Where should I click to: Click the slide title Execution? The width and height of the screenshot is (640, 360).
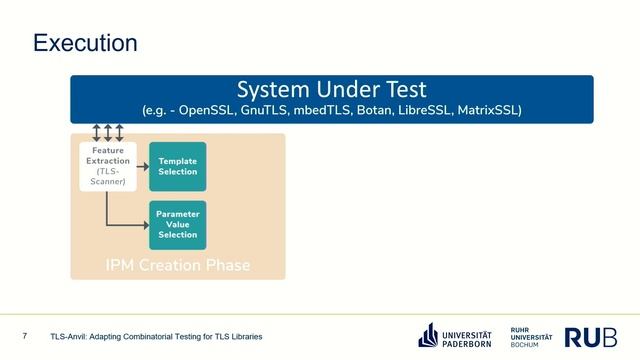point(85,43)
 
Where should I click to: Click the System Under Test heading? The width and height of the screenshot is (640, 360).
point(331,88)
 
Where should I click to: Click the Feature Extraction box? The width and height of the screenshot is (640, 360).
point(107,165)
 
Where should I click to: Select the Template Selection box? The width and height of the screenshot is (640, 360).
point(177,166)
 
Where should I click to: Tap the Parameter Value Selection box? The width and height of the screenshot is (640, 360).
point(177,224)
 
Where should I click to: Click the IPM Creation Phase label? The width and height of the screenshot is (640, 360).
point(178,265)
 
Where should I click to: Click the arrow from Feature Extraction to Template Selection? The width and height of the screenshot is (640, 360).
point(141,166)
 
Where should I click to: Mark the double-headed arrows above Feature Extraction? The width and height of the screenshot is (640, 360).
point(107,132)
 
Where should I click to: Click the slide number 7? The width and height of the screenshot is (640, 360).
point(24,336)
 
